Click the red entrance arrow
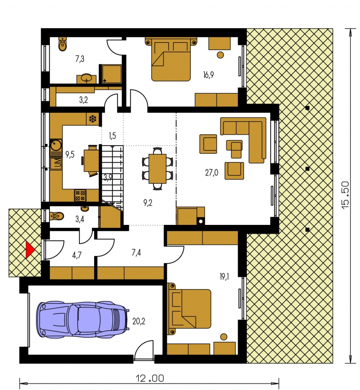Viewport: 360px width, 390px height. [30, 250]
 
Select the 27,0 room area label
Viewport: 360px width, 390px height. [212, 172]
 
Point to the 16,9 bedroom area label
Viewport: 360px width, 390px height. [208, 75]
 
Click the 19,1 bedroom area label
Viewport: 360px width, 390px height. [224, 277]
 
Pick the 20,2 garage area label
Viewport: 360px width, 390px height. [139, 322]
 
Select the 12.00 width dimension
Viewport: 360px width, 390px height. [150, 379]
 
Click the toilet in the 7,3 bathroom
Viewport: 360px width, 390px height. [63, 44]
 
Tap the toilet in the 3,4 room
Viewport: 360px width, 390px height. [57, 216]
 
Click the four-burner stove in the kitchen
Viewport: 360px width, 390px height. [80, 195]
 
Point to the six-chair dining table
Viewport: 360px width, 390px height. [157, 169]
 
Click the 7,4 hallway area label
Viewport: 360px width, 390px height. [136, 253]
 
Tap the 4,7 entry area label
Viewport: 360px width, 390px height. [77, 255]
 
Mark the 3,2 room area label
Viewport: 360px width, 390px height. [84, 100]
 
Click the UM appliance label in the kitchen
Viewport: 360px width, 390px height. [57, 163]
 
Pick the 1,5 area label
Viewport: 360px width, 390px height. [112, 136]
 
